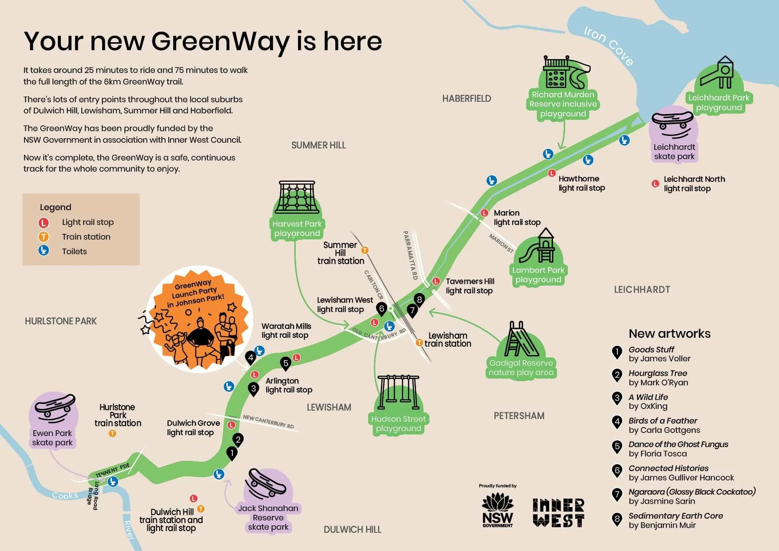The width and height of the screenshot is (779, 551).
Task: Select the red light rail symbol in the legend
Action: click(44, 222)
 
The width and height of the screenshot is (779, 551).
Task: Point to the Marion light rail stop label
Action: click(517, 218)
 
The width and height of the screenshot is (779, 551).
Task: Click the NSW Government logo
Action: click(497, 510)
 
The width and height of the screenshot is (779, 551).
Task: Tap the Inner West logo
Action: click(558, 512)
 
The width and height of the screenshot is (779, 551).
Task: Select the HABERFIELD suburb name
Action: click(466, 99)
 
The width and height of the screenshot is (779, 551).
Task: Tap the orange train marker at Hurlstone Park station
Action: click(112, 433)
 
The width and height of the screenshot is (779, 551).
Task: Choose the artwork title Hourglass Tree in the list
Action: click(657, 373)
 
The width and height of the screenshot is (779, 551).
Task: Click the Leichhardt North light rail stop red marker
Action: click(655, 183)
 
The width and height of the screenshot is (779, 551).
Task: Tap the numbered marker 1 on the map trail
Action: click(231, 453)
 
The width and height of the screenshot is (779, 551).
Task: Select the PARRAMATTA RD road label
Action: click(410, 255)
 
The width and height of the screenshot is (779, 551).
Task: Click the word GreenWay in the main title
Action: click(221, 41)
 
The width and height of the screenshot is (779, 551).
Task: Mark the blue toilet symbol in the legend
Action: click(44, 251)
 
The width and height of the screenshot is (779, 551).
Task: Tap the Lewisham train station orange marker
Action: click(419, 343)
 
